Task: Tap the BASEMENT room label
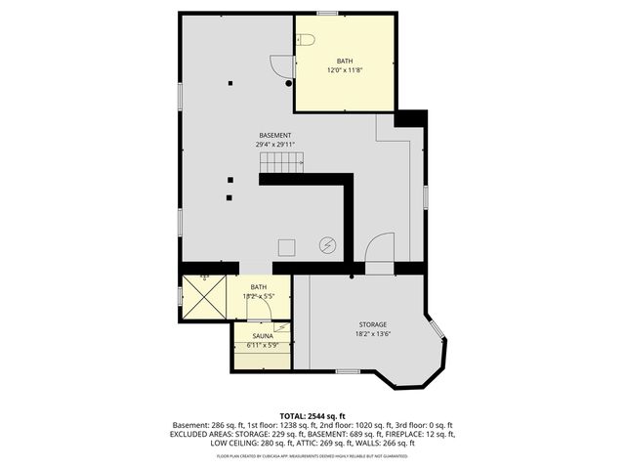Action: (x=275, y=135)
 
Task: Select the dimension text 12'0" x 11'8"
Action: (x=343, y=70)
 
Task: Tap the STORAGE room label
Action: (x=372, y=324)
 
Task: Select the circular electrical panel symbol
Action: (x=329, y=245)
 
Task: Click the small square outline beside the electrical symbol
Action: (x=288, y=246)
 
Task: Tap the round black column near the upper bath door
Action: (x=289, y=83)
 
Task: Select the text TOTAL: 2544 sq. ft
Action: (x=312, y=416)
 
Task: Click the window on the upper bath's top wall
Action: (x=328, y=13)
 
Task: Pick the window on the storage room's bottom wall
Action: (x=348, y=371)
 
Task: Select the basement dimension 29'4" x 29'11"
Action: (x=275, y=145)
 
